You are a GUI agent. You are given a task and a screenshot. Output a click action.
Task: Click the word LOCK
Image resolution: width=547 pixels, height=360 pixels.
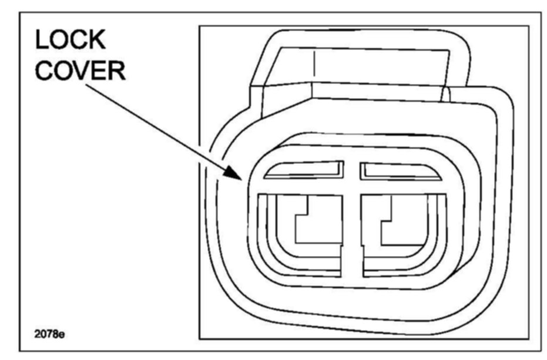point(71,41)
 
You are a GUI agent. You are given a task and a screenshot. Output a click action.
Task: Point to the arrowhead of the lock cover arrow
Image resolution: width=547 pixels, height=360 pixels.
point(239,177)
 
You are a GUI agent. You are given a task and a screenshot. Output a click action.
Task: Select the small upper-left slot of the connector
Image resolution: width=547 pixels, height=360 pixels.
point(304,170)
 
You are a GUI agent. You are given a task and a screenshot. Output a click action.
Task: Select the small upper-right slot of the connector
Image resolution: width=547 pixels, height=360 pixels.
point(399,171)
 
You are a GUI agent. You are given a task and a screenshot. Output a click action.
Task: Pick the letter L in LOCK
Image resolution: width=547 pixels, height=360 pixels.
point(43,41)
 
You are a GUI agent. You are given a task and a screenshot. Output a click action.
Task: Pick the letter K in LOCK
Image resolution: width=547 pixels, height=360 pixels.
point(96,41)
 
